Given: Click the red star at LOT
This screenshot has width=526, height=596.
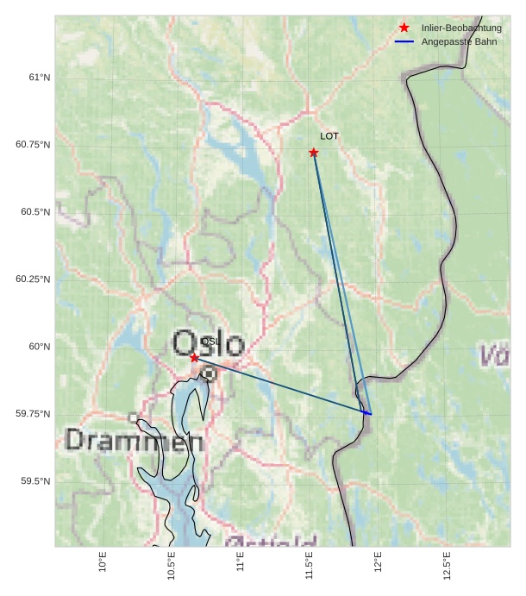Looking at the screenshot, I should click(x=314, y=153).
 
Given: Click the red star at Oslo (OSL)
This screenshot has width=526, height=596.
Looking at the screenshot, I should click(x=195, y=357).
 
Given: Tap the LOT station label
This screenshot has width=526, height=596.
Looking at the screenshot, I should click(x=329, y=136).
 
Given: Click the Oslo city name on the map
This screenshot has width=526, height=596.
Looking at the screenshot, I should click(x=208, y=342).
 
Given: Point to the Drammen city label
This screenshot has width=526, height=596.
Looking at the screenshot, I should click(x=135, y=441).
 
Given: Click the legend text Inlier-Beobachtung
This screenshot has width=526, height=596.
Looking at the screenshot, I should click(x=461, y=28).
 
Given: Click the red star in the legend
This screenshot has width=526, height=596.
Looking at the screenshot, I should click(x=404, y=28).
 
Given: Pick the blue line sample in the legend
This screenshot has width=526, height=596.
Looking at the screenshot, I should click(x=404, y=41).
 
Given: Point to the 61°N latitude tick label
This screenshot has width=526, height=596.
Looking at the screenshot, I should click(x=40, y=78).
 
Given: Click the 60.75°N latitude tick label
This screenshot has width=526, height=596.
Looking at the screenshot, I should click(x=34, y=145).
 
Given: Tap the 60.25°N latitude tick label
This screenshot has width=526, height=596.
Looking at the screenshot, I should click(x=34, y=279).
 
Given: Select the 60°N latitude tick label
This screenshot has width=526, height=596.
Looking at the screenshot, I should click(x=40, y=347).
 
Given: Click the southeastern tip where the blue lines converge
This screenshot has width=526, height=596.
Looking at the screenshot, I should click(x=371, y=414).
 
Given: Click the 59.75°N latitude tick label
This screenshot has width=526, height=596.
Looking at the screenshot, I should click(x=34, y=414).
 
